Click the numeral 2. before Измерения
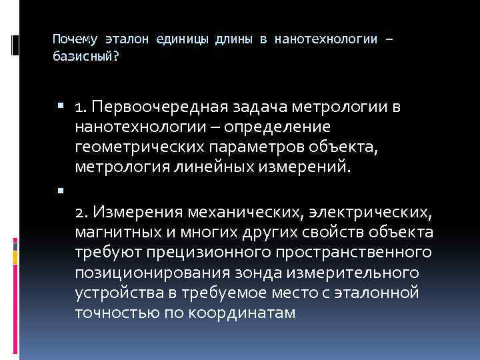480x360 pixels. (82, 212)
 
